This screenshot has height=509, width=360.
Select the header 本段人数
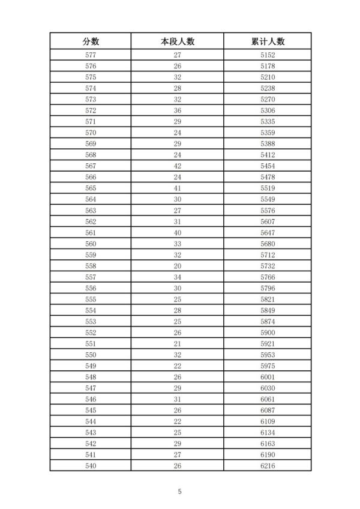click(178, 41)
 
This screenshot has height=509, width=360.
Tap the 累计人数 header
click(268, 41)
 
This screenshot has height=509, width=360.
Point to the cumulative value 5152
click(268, 55)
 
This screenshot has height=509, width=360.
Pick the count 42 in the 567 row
click(178, 166)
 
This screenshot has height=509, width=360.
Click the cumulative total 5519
click(268, 188)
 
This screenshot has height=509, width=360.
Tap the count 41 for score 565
click(178, 188)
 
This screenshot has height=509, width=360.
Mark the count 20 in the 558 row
click(178, 266)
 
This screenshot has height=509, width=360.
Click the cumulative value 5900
click(268, 333)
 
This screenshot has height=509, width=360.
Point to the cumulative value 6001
click(268, 377)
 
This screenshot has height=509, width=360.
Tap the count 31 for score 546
click(178, 399)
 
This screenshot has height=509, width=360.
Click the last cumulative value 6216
click(268, 466)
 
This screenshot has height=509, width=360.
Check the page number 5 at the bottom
click(179, 492)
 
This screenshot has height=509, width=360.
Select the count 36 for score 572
click(178, 110)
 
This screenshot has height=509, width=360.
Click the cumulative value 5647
click(268, 232)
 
